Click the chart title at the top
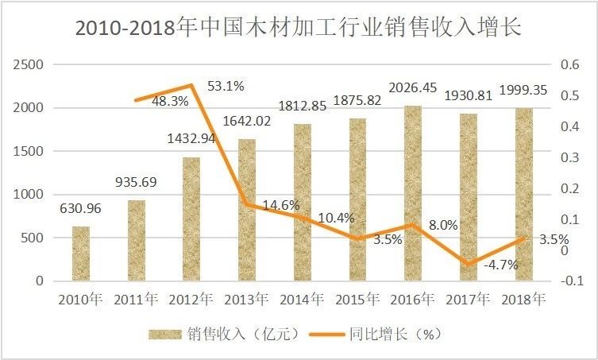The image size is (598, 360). pyautogui.click(x=299, y=27)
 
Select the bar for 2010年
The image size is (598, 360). pyautogui.click(x=81, y=254)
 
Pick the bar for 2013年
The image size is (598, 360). pyautogui.click(x=247, y=210)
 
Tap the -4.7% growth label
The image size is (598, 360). pyautogui.click(x=500, y=265)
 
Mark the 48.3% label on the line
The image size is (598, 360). pyautogui.click(x=168, y=102)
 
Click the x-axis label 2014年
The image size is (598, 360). pyautogui.click(x=303, y=300)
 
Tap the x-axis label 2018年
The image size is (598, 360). pyautogui.click(x=523, y=300)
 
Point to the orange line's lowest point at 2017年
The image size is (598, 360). pyautogui.click(x=469, y=264)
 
